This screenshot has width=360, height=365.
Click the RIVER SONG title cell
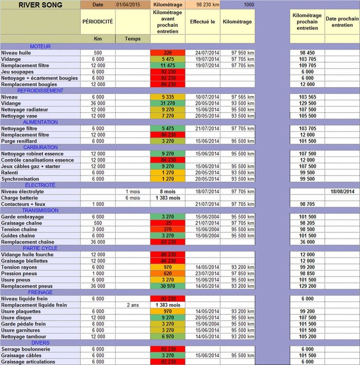(40, 5)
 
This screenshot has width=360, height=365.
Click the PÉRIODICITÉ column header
(98, 21)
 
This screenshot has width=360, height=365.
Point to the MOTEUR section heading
(40, 46)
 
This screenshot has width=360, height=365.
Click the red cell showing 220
(167, 53)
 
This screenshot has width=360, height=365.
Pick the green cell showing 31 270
(167, 103)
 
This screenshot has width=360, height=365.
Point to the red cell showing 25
(167, 223)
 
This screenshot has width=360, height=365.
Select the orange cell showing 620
(167, 273)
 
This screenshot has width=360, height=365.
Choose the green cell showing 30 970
(167, 286)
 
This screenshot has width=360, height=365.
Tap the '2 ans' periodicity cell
(132, 305)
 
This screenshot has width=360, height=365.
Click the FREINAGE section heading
(40, 292)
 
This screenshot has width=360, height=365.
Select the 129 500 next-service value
(307, 103)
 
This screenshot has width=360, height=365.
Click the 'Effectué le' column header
(202, 21)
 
